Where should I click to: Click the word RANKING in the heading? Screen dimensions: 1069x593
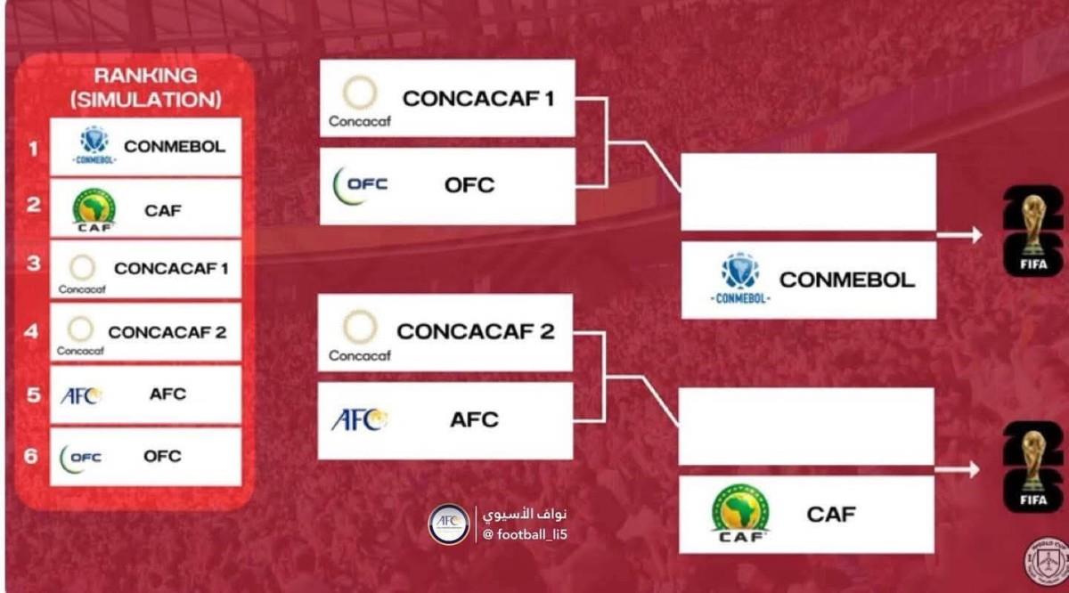[145, 76]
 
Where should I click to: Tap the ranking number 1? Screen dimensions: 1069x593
[33, 149]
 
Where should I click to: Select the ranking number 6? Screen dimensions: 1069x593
[31, 456]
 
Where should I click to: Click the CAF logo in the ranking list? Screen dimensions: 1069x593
[94, 210]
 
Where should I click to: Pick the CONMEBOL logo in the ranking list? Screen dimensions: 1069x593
[94, 144]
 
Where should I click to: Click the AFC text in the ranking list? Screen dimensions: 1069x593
[167, 394]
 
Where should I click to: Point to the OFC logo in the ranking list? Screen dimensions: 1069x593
[80, 459]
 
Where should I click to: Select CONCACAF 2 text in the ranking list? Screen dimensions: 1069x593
[167, 332]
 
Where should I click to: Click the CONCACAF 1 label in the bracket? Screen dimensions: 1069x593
[478, 99]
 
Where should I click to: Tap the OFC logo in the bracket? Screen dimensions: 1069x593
[360, 185]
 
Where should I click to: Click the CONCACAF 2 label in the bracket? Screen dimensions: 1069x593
[476, 331]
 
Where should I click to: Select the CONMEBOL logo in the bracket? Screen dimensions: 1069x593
[740, 278]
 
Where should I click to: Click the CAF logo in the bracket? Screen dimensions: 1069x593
[740, 514]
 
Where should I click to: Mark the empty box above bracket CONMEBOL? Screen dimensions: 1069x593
[809, 191]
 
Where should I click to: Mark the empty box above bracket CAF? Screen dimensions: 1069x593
[806, 426]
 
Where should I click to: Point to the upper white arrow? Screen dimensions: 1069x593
[959, 235]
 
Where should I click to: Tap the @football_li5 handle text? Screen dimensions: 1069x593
[525, 534]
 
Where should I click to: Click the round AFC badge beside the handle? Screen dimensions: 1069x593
[449, 524]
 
